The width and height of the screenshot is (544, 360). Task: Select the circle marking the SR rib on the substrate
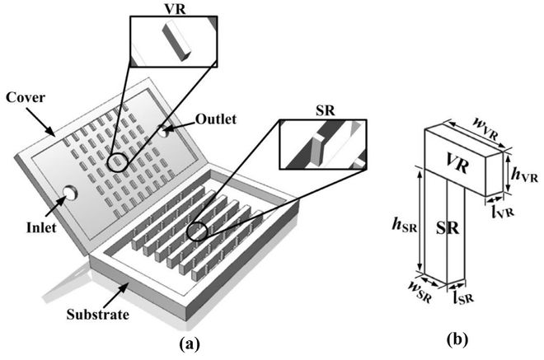coord(199,231)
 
